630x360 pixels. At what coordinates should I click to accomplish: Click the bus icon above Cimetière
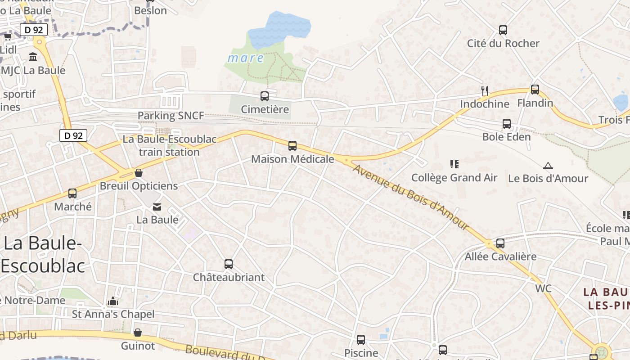(x=265, y=96)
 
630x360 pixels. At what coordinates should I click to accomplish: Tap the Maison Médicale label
(x=292, y=159)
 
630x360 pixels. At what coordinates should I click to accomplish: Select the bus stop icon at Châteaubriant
(x=229, y=264)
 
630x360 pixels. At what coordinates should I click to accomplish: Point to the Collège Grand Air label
(x=454, y=178)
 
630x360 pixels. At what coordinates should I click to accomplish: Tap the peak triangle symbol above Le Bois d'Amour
(x=548, y=166)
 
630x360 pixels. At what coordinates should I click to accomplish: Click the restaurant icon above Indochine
(x=485, y=90)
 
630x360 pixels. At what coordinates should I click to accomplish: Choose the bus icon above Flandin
(x=535, y=89)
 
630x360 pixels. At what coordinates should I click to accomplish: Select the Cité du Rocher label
(x=503, y=43)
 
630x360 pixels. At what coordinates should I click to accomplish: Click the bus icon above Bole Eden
(x=507, y=123)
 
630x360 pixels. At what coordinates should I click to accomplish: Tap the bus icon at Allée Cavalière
(x=500, y=243)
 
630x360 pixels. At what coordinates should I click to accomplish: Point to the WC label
(x=543, y=288)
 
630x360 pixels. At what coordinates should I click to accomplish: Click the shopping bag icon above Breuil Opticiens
(x=139, y=173)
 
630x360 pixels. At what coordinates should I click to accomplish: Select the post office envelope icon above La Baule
(x=157, y=207)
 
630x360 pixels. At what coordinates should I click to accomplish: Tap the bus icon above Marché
(x=72, y=193)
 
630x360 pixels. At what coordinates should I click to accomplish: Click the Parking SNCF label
(x=171, y=116)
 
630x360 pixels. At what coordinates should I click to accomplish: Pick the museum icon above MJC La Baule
(x=33, y=57)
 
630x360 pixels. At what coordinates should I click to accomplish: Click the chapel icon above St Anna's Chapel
(x=113, y=301)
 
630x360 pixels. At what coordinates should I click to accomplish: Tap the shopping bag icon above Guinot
(x=138, y=333)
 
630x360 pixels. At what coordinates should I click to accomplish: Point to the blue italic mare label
(x=245, y=58)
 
